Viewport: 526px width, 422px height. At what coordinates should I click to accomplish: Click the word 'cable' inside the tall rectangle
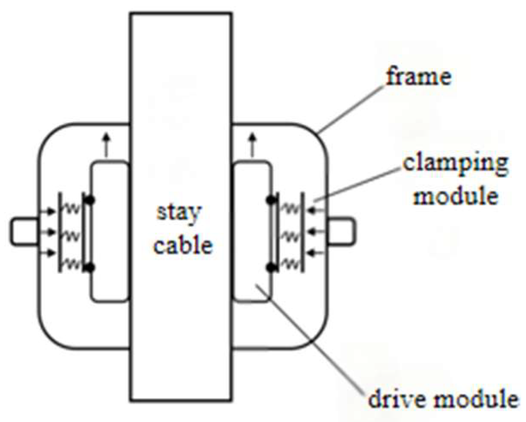183,245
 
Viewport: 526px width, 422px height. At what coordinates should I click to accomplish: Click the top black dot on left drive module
90,200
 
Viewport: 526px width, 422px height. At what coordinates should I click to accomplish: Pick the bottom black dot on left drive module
90,268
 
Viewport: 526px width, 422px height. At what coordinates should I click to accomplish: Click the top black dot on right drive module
271,200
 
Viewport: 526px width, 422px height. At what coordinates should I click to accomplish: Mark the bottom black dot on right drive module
271,268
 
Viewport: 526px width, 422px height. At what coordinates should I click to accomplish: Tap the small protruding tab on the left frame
24,232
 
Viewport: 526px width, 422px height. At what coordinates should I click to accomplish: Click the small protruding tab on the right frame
341,232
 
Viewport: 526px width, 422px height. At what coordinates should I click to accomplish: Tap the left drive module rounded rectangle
110,231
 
